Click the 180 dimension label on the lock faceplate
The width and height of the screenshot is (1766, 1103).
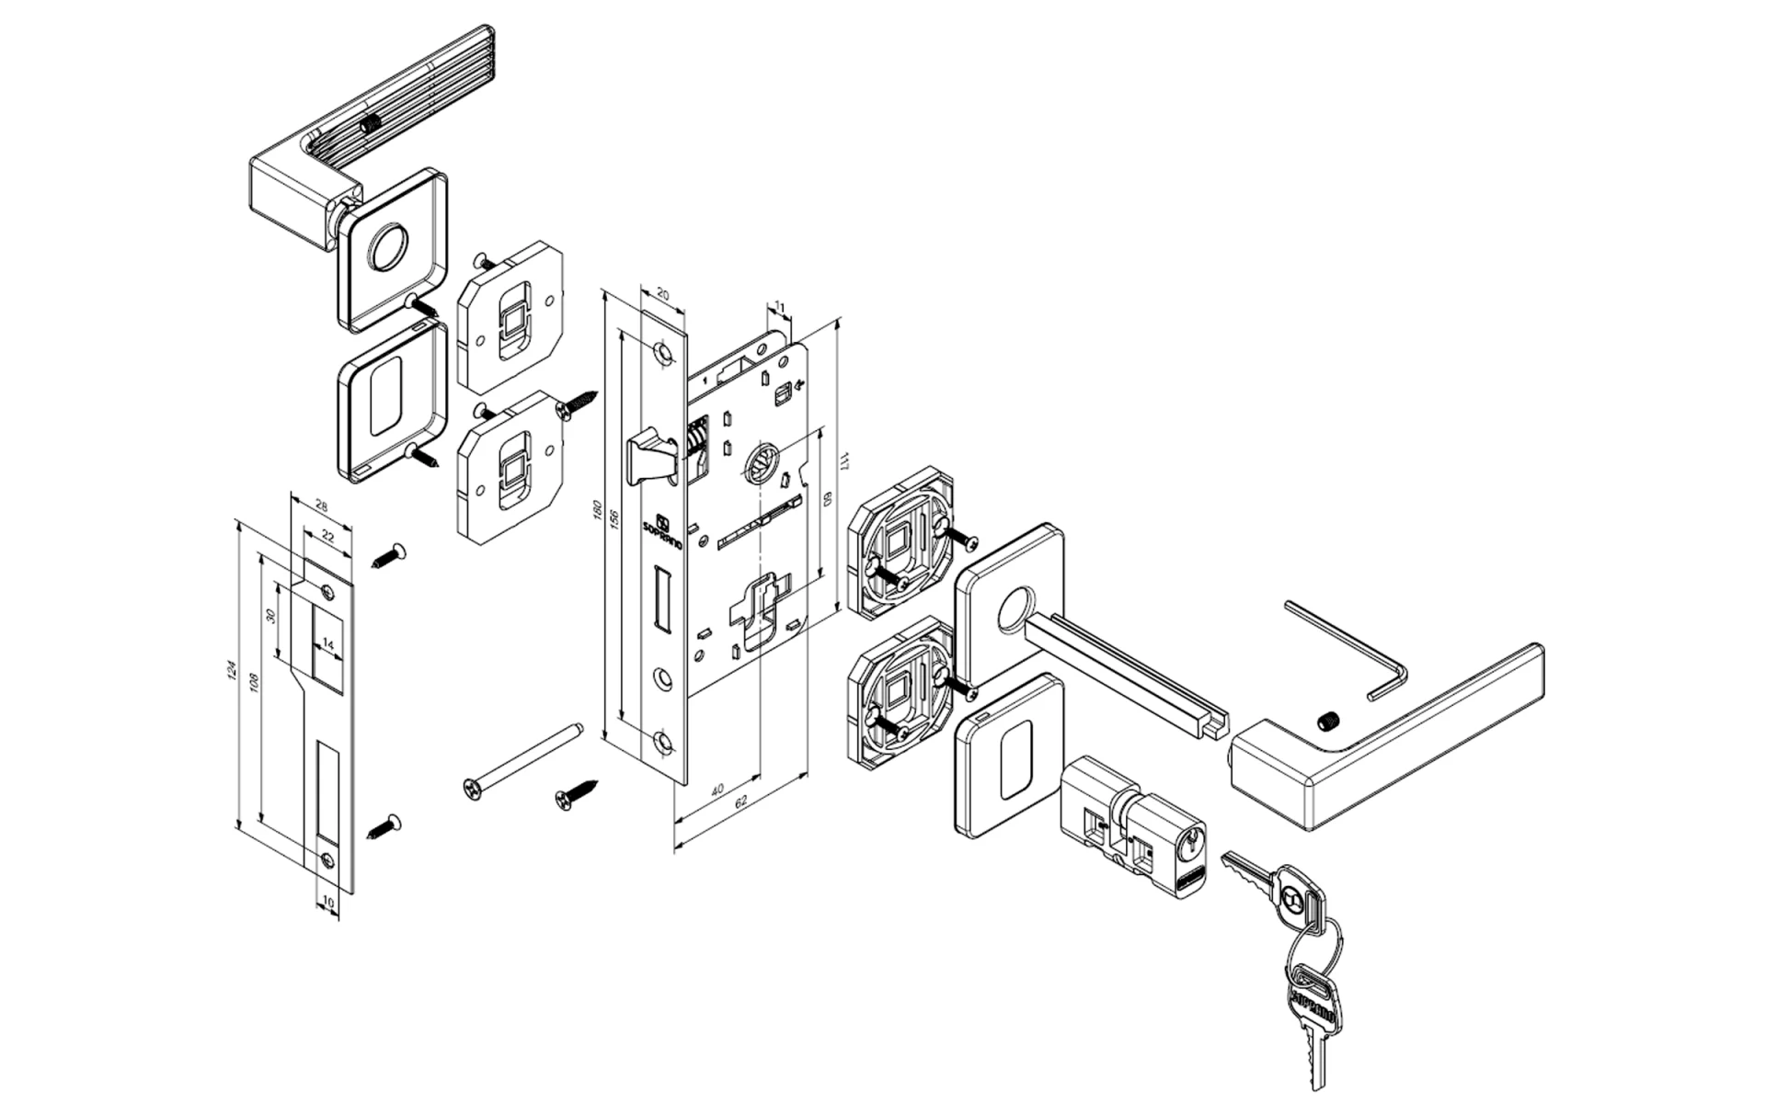[x=597, y=512]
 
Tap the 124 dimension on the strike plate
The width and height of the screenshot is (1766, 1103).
[x=232, y=672]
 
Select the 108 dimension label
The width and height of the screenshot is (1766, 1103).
[x=255, y=683]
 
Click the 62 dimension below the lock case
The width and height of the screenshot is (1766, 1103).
[x=741, y=802]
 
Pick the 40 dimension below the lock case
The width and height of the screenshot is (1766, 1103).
[x=718, y=789]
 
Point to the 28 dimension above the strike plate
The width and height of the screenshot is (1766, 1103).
[x=321, y=505]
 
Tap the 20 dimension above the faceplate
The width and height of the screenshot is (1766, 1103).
[x=663, y=295]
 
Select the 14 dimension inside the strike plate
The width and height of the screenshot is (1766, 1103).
[x=327, y=646]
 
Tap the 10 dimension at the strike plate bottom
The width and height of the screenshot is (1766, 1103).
[x=329, y=903]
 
